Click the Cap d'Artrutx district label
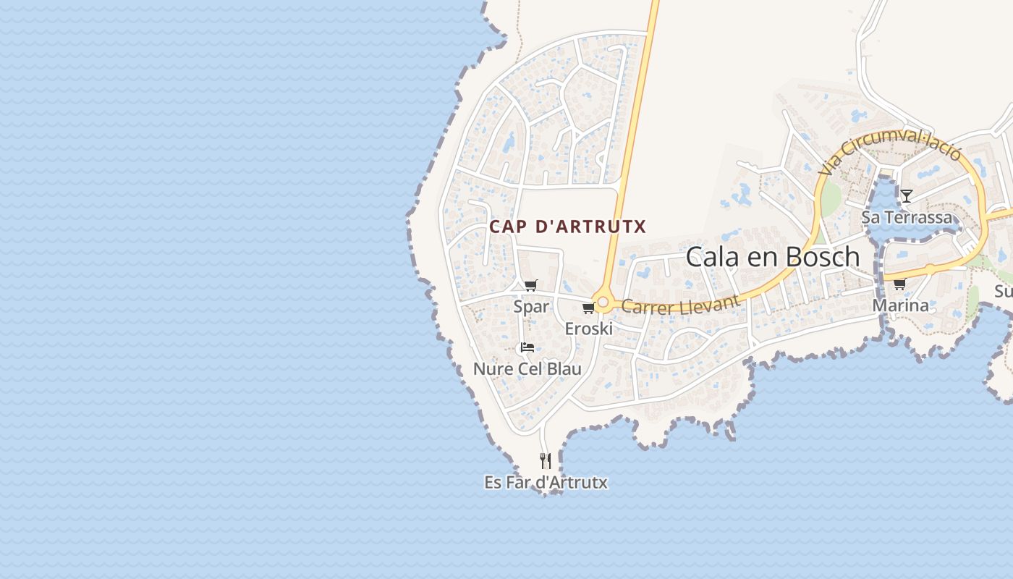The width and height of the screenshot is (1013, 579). pos(567,227)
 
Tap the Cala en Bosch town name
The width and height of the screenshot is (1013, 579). pos(772,257)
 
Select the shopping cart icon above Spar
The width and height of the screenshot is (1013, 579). pos(531,285)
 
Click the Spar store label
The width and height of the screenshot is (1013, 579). pos(531,306)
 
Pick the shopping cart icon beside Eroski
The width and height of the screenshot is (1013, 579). pos(588,308)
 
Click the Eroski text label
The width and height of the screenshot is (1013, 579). pos(588,329)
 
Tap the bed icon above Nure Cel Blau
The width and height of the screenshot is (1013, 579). pos(527,347)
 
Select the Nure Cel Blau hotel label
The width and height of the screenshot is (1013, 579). pos(527,369)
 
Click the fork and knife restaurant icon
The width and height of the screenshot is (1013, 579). pos(546,460)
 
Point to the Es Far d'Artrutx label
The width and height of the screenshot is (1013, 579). pos(546,482)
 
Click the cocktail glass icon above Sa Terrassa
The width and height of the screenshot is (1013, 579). pos(906,195)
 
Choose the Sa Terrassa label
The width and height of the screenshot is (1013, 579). pos(907,217)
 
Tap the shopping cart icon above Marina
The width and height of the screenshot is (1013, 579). pos(899,284)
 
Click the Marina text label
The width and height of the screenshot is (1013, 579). pos(900,305)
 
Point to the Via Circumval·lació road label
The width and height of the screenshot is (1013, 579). pos(891,153)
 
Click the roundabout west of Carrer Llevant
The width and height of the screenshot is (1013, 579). pos(603,301)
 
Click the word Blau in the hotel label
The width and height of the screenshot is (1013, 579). pos(564,369)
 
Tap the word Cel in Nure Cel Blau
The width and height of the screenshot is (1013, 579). pos(531,369)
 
